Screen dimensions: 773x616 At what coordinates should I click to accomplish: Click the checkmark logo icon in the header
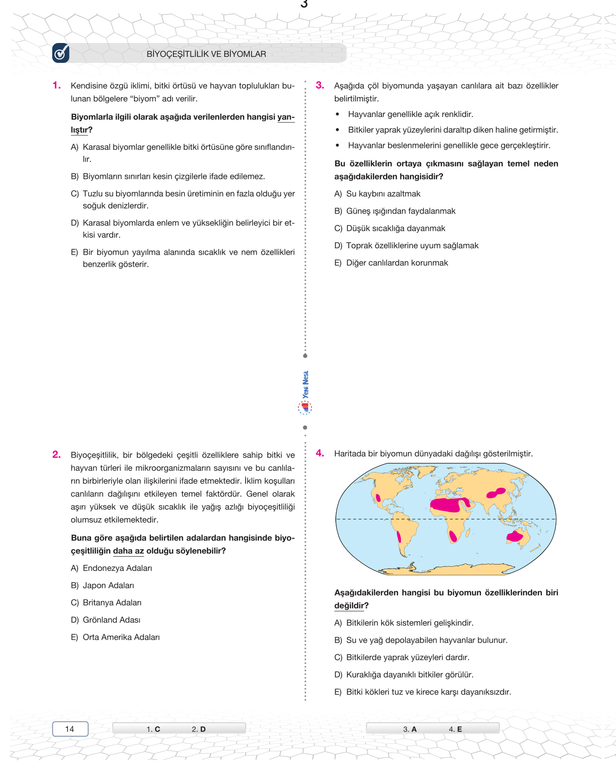(x=61, y=53)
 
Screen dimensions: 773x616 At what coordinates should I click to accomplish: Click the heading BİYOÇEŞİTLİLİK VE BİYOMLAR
(x=206, y=54)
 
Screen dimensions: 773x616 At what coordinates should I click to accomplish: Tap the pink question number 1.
(x=56, y=85)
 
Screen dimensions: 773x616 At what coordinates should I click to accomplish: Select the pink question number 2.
(x=56, y=454)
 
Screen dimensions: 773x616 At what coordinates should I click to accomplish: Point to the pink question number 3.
(x=320, y=85)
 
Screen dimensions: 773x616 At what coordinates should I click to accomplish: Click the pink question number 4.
(x=320, y=453)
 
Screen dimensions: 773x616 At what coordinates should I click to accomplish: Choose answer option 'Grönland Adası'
(x=111, y=620)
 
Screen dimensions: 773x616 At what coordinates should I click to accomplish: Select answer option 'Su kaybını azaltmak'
(x=383, y=194)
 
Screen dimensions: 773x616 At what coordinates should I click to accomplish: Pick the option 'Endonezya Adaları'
(x=117, y=568)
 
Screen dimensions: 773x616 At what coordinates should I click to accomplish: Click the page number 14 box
(x=70, y=729)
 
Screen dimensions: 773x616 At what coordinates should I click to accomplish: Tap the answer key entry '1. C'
(x=154, y=729)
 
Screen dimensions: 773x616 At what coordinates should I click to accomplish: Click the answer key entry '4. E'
(x=455, y=729)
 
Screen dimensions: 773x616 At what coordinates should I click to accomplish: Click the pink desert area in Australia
(x=515, y=537)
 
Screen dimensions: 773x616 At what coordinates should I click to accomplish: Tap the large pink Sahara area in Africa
(x=446, y=504)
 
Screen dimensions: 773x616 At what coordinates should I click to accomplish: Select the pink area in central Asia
(x=496, y=493)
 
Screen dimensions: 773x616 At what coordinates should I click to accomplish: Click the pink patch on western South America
(x=399, y=537)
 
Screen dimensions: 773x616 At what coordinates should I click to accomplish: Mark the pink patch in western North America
(x=378, y=498)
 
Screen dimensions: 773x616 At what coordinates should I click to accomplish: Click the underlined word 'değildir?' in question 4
(x=351, y=606)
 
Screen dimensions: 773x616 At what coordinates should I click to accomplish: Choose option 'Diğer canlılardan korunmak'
(x=397, y=263)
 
